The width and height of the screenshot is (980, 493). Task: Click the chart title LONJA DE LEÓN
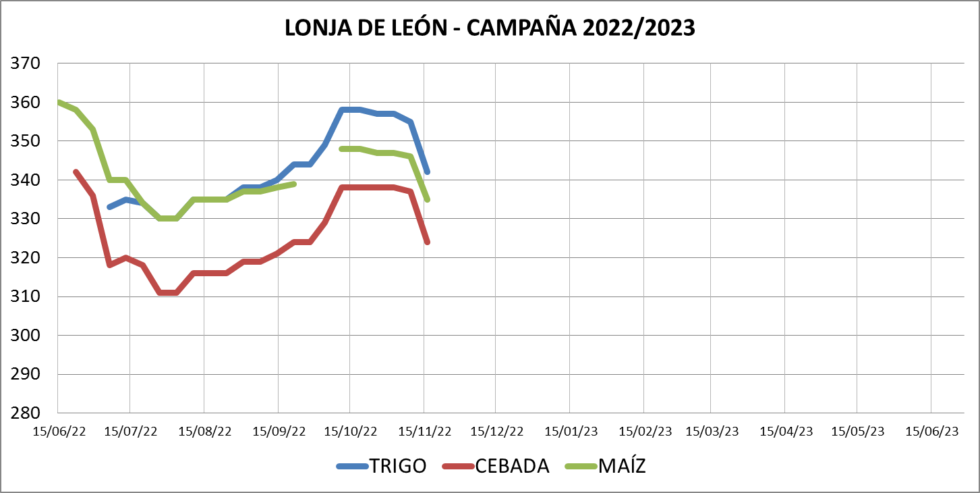490,28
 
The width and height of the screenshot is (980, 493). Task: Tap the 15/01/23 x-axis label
571,431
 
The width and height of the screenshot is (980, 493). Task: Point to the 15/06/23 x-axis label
931,431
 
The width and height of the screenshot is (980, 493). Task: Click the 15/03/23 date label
712,431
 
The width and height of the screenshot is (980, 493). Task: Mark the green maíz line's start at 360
59,103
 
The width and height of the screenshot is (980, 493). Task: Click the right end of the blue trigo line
428,172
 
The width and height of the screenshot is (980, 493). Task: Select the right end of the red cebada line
428,242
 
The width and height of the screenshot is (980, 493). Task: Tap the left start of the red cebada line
76,172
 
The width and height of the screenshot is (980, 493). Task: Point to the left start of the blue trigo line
109,207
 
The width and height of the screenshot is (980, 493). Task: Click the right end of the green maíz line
428,199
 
